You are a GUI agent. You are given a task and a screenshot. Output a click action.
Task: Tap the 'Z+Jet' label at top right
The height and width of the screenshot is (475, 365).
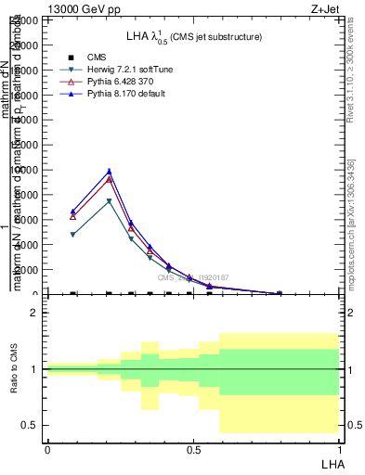[x=326, y=8]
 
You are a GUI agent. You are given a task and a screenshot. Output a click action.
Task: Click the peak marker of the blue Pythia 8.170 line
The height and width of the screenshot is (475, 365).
[x=109, y=171]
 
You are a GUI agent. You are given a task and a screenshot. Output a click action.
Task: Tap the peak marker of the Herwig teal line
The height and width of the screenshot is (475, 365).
[x=109, y=201]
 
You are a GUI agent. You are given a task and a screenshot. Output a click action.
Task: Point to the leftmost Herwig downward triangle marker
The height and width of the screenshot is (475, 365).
[x=73, y=235]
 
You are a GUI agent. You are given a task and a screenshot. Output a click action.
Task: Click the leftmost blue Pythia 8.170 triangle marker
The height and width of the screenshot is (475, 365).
[x=73, y=212]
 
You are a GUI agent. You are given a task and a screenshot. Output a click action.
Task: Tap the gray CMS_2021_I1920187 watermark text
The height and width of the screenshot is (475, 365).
[x=192, y=277]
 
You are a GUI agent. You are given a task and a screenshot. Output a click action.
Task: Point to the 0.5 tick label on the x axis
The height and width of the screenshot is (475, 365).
[x=193, y=449]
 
